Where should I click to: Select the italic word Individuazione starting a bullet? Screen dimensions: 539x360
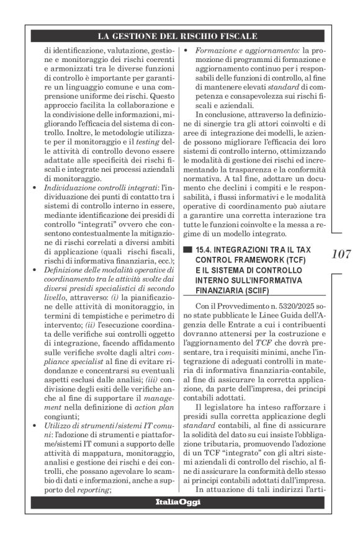76,187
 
